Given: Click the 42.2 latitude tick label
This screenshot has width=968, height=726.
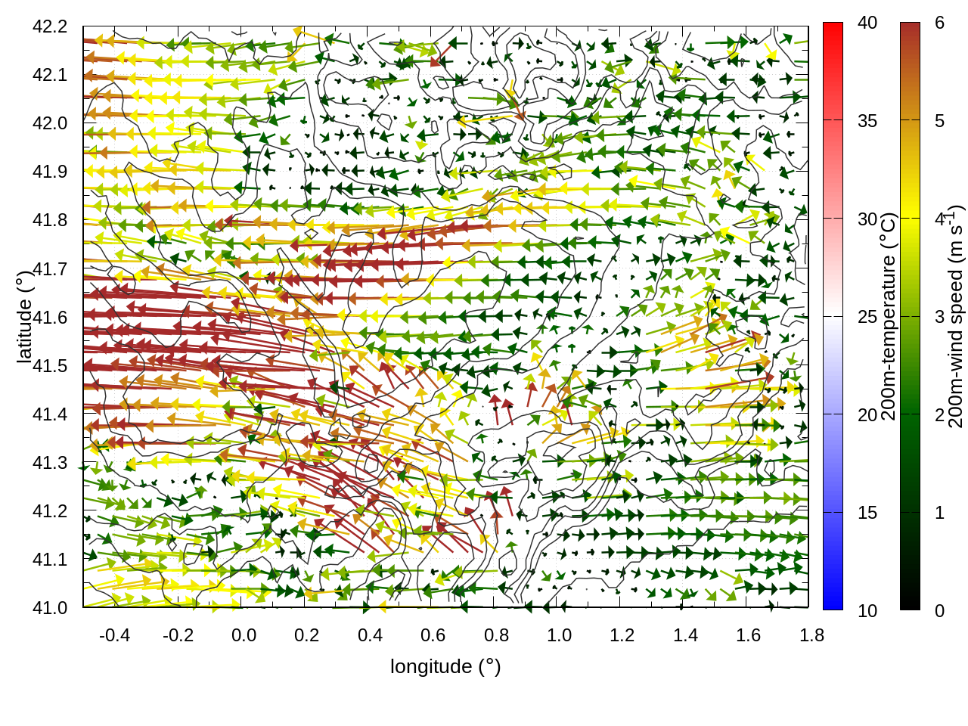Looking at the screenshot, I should (50, 26).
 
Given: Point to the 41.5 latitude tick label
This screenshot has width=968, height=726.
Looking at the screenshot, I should (50, 366).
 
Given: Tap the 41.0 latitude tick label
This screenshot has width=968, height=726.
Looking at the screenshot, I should (50, 608).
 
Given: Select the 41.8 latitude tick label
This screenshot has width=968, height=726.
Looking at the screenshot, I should (50, 220).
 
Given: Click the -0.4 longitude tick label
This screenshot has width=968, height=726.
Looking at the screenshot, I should (115, 635).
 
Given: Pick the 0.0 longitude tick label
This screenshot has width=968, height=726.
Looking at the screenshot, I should (244, 635).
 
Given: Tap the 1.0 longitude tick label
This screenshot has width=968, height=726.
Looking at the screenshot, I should (559, 635).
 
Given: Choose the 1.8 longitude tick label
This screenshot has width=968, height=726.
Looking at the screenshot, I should (811, 635).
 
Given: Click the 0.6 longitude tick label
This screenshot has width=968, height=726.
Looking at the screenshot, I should (433, 635).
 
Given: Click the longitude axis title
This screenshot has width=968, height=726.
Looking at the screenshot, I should (445, 666).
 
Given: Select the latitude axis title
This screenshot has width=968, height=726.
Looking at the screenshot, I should (24, 317).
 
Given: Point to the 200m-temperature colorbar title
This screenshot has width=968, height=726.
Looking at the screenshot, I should (889, 317).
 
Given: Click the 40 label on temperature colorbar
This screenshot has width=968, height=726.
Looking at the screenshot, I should (867, 23).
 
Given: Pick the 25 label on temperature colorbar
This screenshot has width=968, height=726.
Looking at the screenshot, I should (867, 317).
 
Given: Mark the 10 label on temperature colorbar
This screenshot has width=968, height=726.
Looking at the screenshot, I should (867, 611).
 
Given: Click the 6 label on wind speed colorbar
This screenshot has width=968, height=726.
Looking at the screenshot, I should (939, 23).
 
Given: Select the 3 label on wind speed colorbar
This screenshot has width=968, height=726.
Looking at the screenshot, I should (939, 317).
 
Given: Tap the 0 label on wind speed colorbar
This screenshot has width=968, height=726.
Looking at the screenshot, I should (939, 611).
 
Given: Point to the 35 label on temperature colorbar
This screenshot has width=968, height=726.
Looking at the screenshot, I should (867, 121).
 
